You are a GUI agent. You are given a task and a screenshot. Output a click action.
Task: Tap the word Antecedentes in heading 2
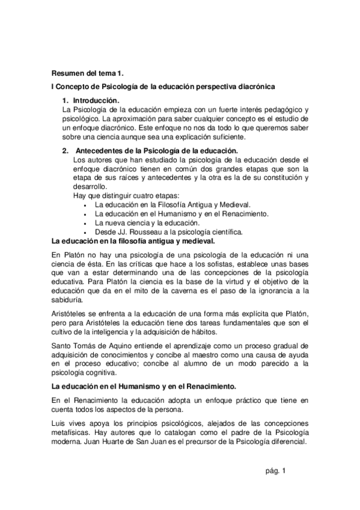pyautogui.click(x=100, y=150)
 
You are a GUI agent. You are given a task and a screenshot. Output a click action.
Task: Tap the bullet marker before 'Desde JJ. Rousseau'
pyautogui.click(x=88, y=232)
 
